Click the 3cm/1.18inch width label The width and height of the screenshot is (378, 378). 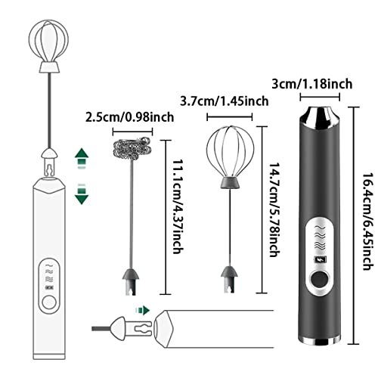[312, 84]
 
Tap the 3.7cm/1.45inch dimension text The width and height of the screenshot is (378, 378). [225, 101]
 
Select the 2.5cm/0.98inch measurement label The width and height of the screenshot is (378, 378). [130, 117]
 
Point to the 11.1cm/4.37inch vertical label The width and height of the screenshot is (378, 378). [178, 206]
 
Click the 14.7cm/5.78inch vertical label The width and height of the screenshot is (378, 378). [274, 209]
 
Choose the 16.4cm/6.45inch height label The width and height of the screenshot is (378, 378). [367, 222]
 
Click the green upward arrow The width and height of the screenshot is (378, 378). [82, 158]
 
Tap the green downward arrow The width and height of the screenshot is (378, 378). [82, 194]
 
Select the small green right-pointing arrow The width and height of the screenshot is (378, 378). [143, 310]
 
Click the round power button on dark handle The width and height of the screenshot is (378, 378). [320, 279]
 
